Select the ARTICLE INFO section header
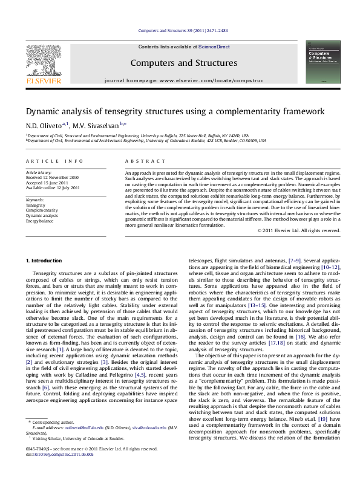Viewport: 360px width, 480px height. click(54, 161)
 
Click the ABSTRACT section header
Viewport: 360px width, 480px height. click(145, 161)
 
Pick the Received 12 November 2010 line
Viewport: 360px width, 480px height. click(52, 178)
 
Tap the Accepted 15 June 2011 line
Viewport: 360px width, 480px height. click(47, 183)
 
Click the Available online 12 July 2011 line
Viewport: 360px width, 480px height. click(53, 188)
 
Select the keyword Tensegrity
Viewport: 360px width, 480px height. click(35, 205)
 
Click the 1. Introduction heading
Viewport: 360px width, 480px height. click(44, 261)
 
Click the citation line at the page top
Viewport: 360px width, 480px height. click(183, 30)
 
